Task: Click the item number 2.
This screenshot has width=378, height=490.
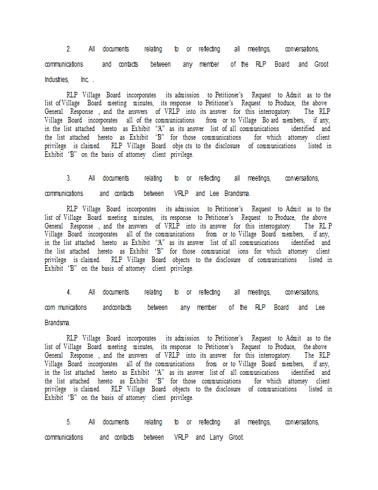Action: click(x=69, y=49)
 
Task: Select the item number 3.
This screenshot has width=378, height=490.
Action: click(x=69, y=178)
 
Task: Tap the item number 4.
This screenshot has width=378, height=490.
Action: click(x=69, y=292)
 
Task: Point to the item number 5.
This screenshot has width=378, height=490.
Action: click(x=69, y=422)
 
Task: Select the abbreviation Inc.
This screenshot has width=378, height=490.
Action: click(x=85, y=80)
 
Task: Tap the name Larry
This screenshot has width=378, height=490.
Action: click(x=216, y=437)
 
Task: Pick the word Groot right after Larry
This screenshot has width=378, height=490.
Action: click(x=236, y=437)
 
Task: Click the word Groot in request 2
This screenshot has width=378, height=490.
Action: click(x=321, y=64)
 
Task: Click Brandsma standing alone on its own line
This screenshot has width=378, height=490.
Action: click(x=57, y=323)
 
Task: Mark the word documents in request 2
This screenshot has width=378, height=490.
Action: click(x=116, y=49)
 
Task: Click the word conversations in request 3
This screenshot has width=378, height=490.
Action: click(x=302, y=178)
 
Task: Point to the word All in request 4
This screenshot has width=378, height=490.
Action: click(x=92, y=292)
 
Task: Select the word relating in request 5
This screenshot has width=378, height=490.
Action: click(x=153, y=422)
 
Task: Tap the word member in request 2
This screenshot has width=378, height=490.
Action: click(x=209, y=64)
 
